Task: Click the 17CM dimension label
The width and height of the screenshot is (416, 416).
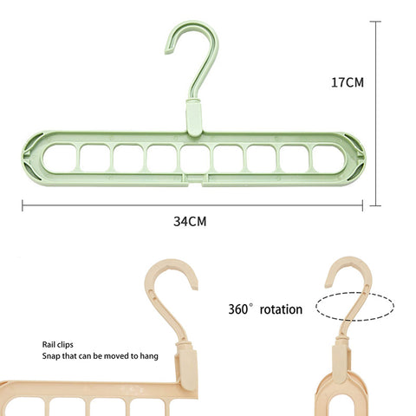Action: (x=348, y=82)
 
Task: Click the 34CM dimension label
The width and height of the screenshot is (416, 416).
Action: (x=190, y=222)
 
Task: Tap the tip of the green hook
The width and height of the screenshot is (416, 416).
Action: (x=167, y=51)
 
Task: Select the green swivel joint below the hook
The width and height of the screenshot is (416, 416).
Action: (x=194, y=117)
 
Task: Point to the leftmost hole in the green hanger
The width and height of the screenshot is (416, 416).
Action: (x=59, y=159)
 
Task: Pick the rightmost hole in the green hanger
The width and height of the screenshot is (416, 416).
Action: (x=328, y=159)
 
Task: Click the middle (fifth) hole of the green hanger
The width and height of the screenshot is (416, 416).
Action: (x=195, y=159)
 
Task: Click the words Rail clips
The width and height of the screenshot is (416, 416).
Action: (x=57, y=345)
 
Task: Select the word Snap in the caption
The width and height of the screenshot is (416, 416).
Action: (x=51, y=356)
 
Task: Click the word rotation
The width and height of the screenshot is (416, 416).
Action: (x=281, y=309)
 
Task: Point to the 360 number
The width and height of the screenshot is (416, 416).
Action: (x=238, y=309)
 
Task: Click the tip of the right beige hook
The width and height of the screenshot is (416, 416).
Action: (x=328, y=285)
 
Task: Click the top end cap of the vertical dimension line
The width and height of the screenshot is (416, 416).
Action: (x=375, y=22)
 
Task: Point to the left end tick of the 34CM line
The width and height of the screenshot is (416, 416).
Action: (x=23, y=205)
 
